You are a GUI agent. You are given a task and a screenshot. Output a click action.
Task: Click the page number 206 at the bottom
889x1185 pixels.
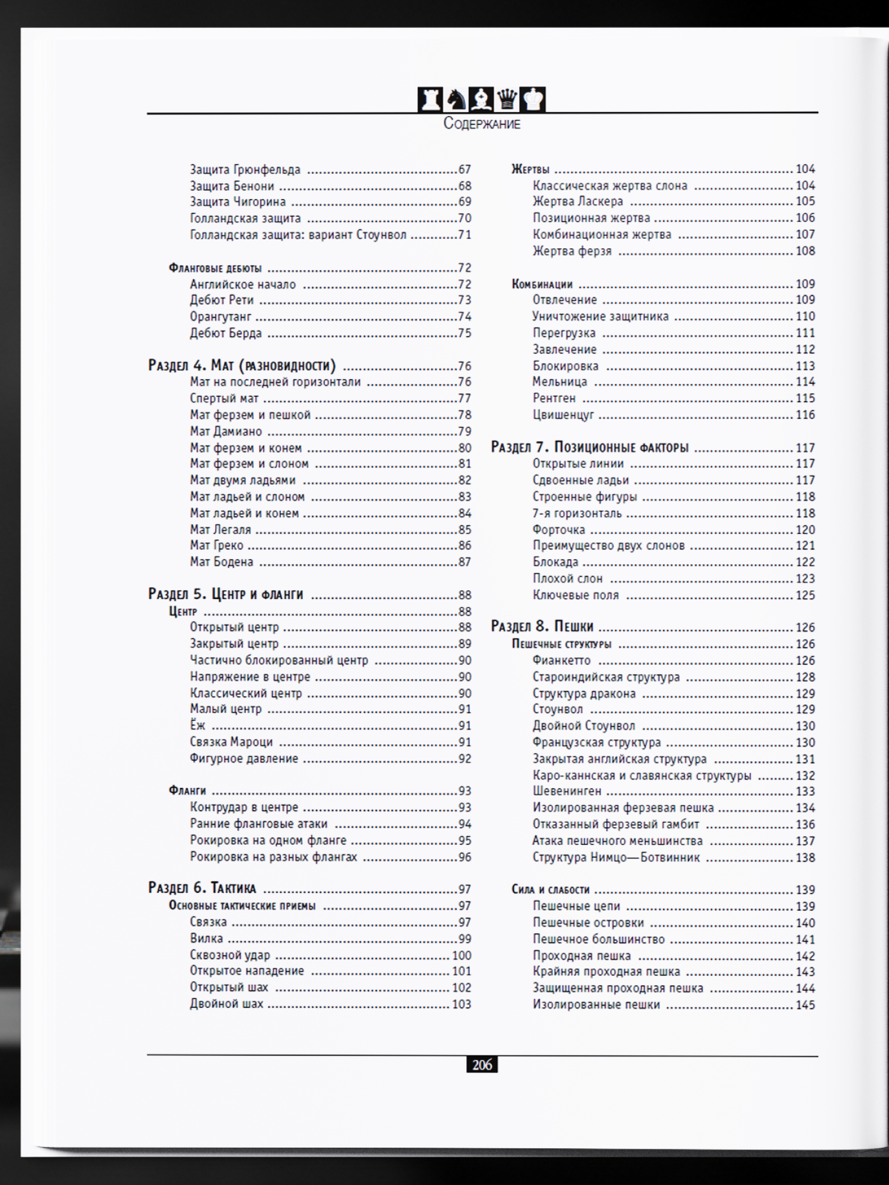(482, 1065)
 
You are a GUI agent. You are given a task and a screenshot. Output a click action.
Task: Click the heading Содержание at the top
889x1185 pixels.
(482, 124)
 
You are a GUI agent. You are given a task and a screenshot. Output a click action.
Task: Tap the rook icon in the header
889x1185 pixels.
(430, 99)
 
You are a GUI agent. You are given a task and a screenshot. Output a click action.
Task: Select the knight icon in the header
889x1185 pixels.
(456, 99)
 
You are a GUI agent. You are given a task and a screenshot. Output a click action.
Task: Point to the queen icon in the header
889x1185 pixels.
(507, 99)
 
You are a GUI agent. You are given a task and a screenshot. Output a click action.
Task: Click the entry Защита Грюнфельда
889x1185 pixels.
(245, 169)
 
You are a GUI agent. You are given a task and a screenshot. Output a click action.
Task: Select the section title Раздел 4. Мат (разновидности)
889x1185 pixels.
(242, 365)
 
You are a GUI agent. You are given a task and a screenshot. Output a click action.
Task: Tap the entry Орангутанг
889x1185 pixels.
(220, 316)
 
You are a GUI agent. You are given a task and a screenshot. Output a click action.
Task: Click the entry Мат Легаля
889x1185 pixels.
(220, 529)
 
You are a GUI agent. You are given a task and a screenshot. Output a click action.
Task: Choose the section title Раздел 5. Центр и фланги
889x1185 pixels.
(225, 594)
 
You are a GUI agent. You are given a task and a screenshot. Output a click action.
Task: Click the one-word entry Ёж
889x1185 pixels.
(197, 725)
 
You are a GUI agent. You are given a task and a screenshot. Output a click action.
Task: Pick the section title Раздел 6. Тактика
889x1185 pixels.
(202, 888)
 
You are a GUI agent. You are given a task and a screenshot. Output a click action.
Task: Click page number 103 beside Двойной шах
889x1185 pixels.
(461, 1004)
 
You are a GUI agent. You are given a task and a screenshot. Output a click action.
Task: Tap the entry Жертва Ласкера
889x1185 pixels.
(578, 201)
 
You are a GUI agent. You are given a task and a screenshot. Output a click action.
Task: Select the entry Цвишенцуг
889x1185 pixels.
(563, 415)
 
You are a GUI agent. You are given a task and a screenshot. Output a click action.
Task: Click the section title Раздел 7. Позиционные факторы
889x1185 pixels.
(590, 447)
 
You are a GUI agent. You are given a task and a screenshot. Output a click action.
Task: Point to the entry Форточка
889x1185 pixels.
(558, 529)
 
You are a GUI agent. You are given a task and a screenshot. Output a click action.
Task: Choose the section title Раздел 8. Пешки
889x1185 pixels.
(542, 626)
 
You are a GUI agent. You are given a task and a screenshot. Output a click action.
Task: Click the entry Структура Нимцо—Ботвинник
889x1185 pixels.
(616, 857)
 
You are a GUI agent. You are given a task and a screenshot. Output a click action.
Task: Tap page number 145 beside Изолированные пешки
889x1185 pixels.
(805, 1004)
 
